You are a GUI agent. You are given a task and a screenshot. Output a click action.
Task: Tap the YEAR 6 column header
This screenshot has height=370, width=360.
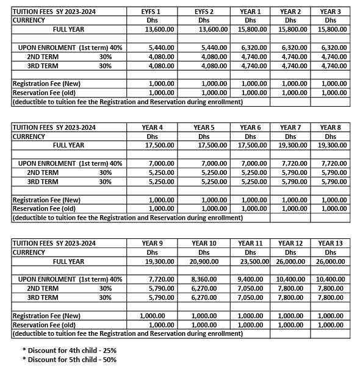pos(250,127)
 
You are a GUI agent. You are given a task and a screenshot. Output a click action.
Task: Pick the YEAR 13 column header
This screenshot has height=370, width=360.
pos(330,243)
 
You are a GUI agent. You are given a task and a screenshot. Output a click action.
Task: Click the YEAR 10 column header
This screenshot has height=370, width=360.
pos(204,243)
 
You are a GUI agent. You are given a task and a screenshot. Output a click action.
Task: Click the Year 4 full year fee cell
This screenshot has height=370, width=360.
pos(162,145)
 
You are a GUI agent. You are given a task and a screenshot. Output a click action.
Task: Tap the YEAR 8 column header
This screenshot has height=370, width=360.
pos(330,127)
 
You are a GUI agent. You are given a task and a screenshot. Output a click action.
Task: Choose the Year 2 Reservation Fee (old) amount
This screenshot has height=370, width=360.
pos(291,92)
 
